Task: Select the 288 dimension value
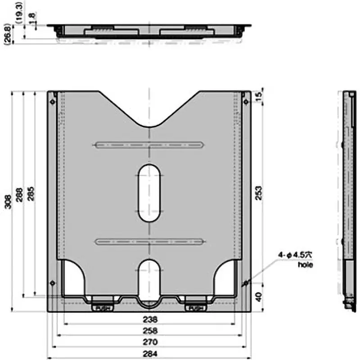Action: pos(19,194)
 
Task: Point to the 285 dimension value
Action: pos(30,193)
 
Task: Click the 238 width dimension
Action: pos(150,320)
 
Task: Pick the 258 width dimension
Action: pos(150,331)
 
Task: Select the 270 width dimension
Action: pos(150,342)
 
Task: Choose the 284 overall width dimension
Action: pos(150,354)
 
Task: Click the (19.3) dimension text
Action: pos(19,11)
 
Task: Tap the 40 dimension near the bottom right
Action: pos(258,297)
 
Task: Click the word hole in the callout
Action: pos(305,265)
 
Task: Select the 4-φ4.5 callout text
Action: pos(294,255)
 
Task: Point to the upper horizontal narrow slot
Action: pos(149,145)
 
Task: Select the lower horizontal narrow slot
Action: pos(149,242)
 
